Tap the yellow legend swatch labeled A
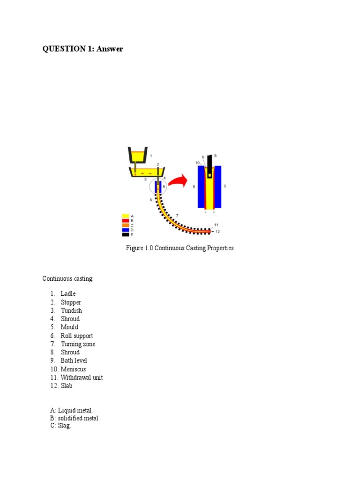tap(125, 216)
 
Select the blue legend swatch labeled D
tap(125, 230)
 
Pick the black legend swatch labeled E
tap(125, 235)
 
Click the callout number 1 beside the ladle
tap(150, 155)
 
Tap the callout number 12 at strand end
tap(217, 232)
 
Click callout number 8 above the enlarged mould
tap(215, 156)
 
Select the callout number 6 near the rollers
tap(151, 200)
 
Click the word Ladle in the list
tap(68, 293)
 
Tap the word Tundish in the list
tap(71, 310)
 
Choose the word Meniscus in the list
tap(74, 369)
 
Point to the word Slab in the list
tap(67, 386)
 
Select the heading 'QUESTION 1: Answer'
tap(82, 49)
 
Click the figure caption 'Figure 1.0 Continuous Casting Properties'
tap(180, 248)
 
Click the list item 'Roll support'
tap(77, 336)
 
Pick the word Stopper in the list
tap(71, 302)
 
